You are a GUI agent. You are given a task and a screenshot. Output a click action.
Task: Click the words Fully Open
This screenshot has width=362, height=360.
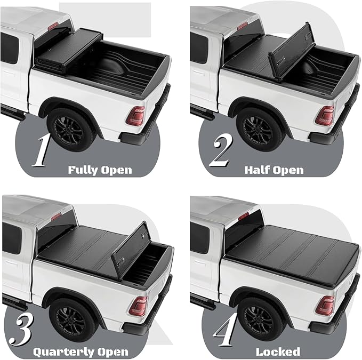click(100, 171)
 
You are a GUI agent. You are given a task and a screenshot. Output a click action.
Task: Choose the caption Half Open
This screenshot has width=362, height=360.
click(273, 171)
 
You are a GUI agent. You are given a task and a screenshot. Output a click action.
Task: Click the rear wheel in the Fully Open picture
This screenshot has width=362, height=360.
click(71, 128)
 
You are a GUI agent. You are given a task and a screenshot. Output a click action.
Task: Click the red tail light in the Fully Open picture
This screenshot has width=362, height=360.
click(138, 116)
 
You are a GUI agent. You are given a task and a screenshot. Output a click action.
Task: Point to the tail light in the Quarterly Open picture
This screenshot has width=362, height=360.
click(138, 306)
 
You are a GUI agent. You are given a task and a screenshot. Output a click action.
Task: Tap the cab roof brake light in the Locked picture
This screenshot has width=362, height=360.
click(243, 216)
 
